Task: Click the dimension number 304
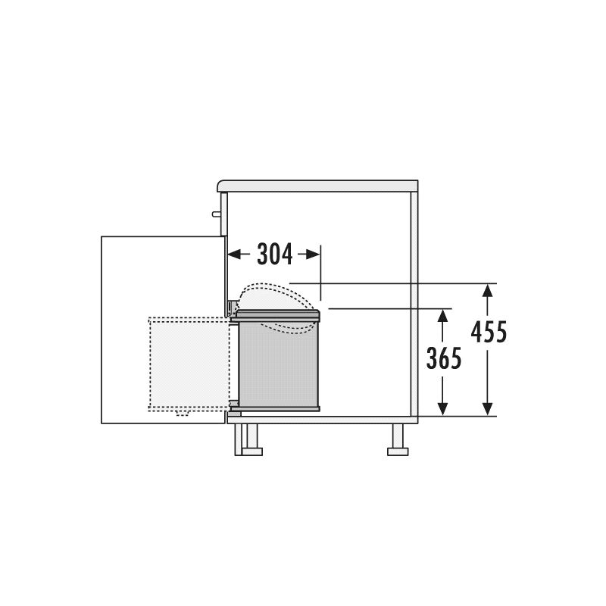coord(275,255)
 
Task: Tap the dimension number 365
coord(444,358)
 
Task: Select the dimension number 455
coord(489,332)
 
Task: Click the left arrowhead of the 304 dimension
coord(233,255)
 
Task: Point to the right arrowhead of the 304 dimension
coord(314,255)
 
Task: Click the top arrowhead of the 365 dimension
coord(443,315)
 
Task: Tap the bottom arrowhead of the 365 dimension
coord(443,409)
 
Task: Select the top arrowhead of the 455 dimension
coord(488,290)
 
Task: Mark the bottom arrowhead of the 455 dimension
coord(488,409)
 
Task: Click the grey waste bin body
coord(278,364)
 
